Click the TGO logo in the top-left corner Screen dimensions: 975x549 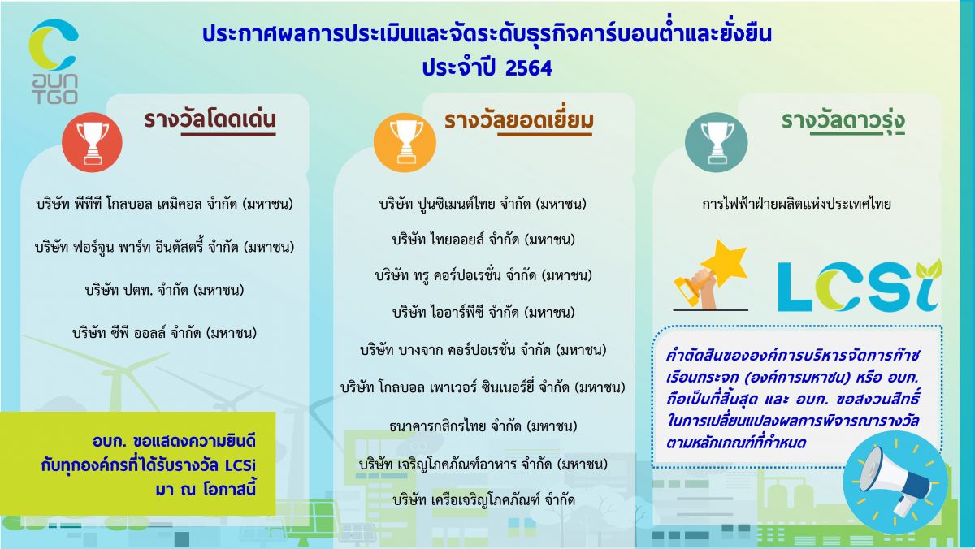pos(54,61)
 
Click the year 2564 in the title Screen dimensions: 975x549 pos(529,68)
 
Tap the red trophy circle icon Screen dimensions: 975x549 pos(92,143)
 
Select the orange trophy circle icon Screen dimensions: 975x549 pos(405,143)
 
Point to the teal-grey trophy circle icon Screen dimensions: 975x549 pos(716,143)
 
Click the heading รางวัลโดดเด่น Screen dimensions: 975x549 pos(210,120)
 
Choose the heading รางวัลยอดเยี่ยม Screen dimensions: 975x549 pos(519,120)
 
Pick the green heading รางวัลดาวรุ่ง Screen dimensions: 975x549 pos(843,121)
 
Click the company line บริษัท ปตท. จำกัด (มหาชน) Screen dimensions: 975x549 pos(164,290)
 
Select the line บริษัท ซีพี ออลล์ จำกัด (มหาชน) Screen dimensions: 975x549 pos(164,333)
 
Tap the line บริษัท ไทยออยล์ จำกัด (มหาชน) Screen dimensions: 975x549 pos(483,240)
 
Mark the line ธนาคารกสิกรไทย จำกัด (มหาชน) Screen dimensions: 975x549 pos(483,426)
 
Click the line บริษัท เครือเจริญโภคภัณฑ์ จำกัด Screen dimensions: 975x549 pos(483,500)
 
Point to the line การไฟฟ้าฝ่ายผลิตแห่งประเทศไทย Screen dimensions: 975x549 pos(796,204)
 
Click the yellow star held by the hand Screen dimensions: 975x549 pos(724,262)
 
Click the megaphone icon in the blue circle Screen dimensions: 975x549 pos(895,482)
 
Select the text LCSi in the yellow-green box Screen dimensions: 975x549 pos(240,465)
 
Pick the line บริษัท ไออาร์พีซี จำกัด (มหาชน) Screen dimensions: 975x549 pos(483,313)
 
